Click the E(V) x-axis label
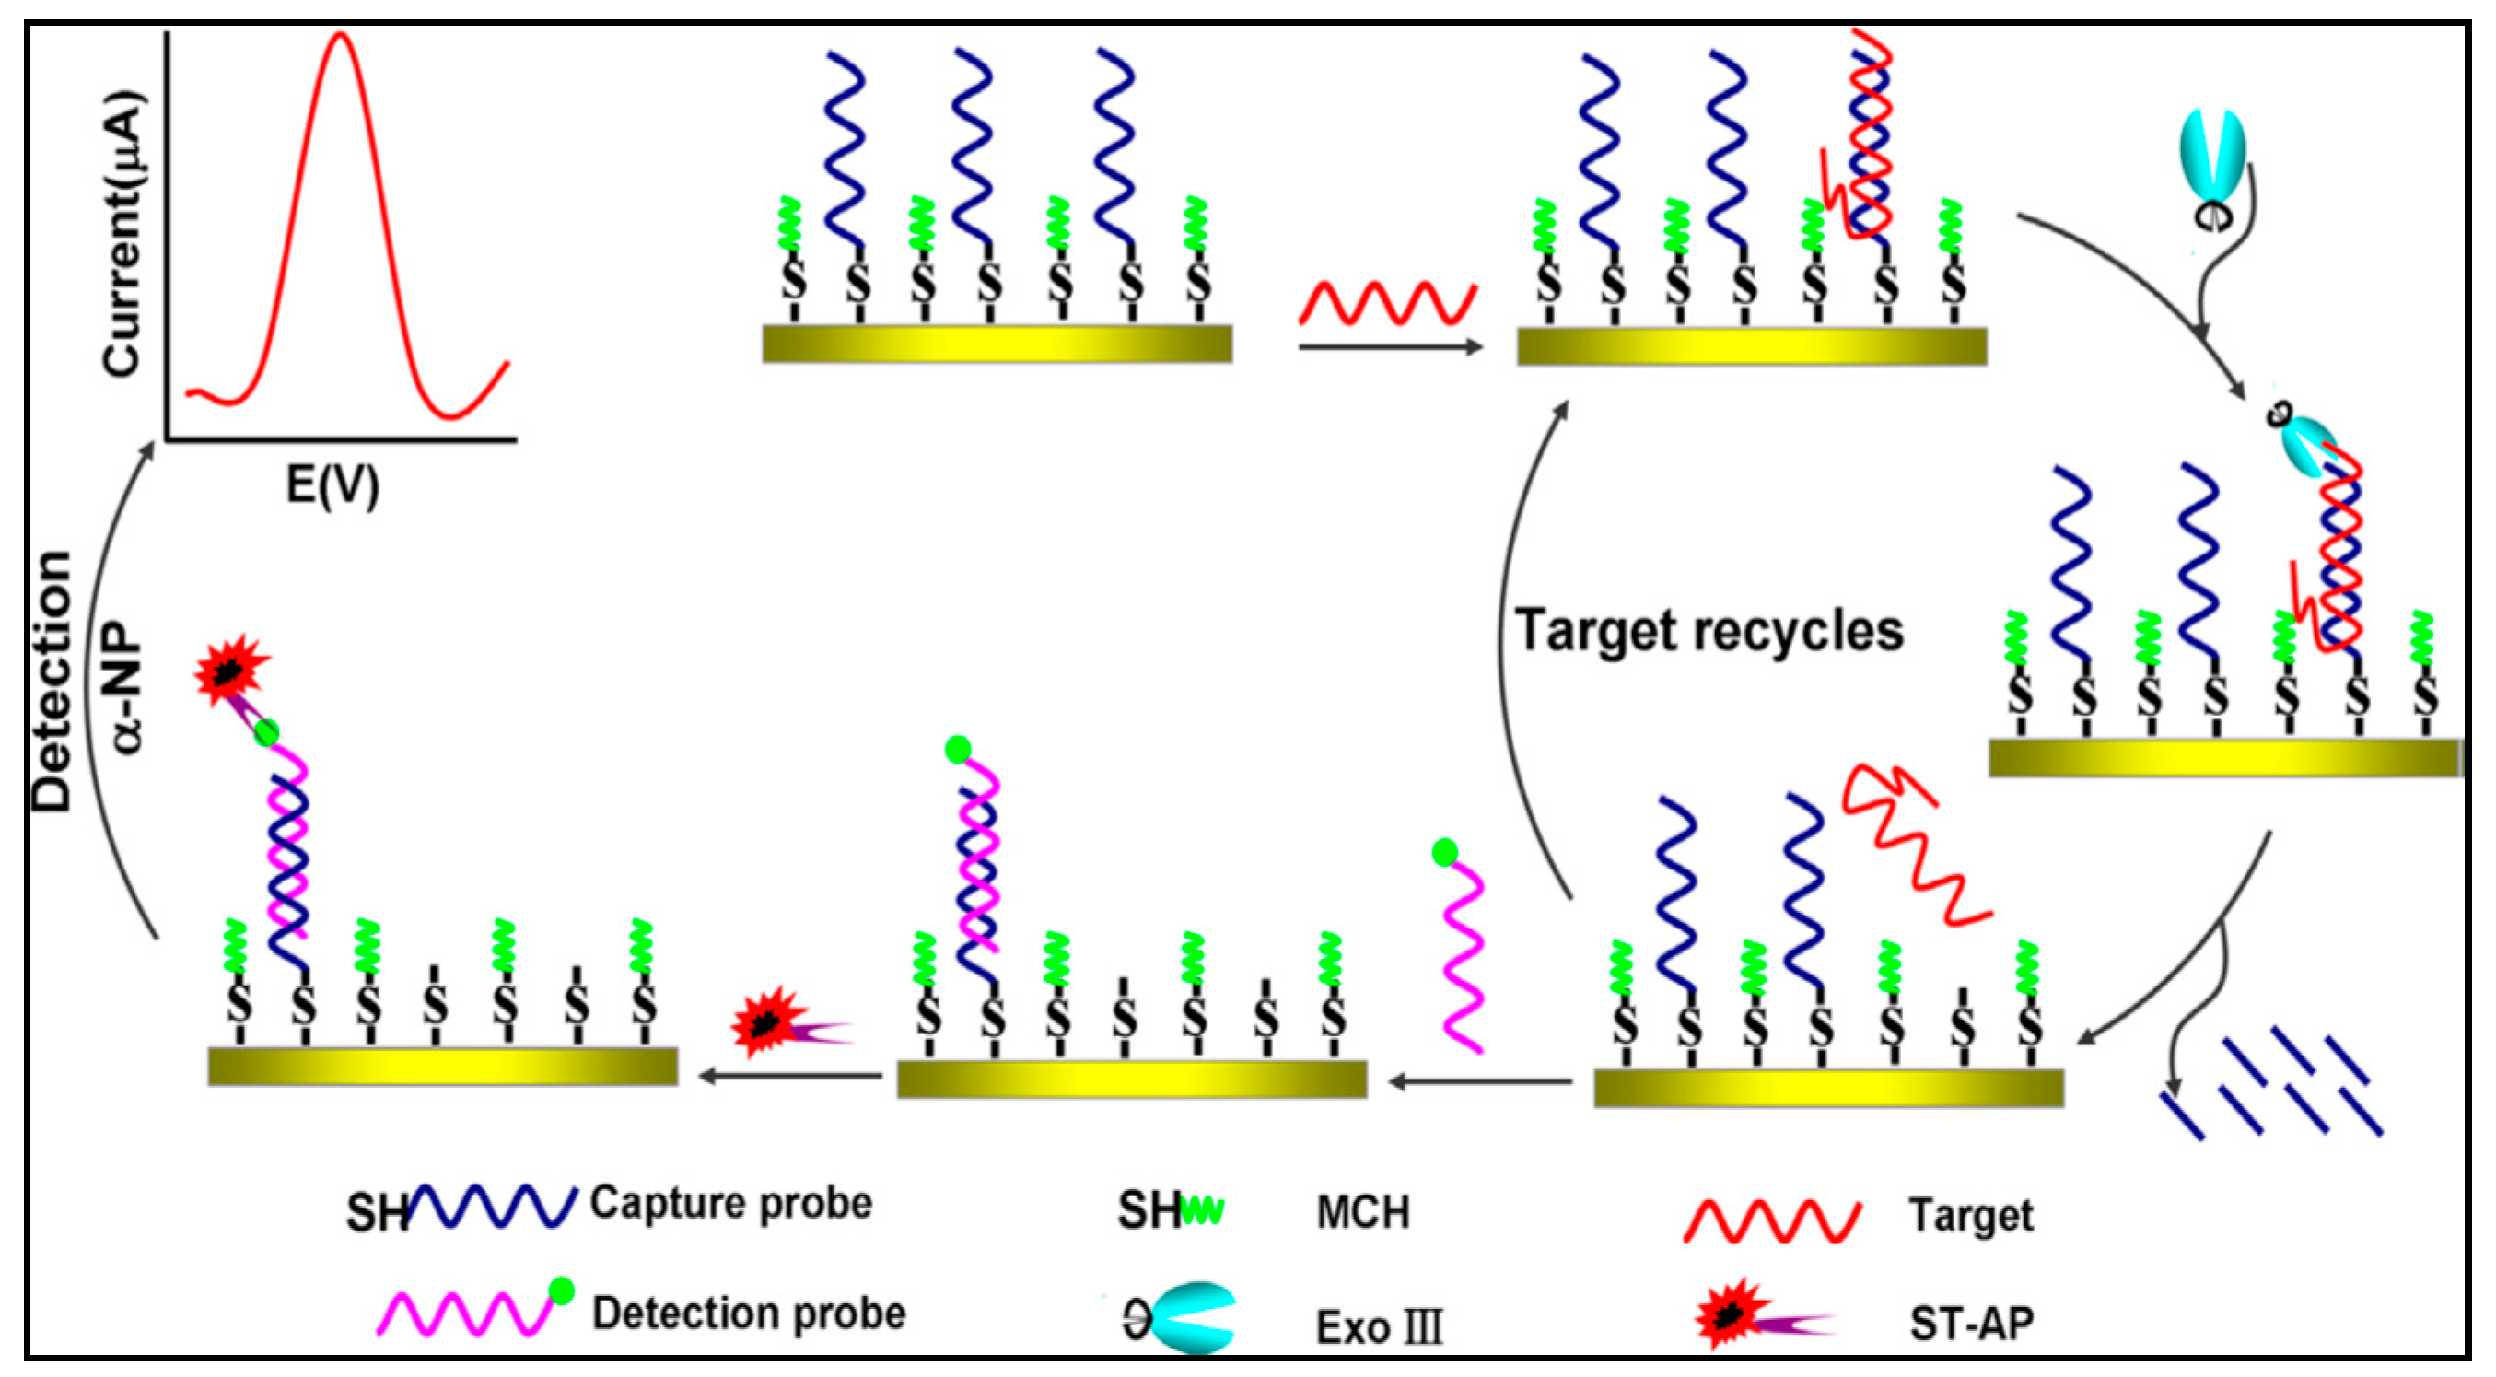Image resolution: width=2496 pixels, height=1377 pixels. pos(332,484)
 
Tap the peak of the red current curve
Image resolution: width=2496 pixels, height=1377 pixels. pos(339,37)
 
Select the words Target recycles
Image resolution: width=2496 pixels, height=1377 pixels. pos(1709,631)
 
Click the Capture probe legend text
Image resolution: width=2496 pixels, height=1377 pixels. pos(730,1204)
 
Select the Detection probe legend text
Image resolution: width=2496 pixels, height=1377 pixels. pos(748,1314)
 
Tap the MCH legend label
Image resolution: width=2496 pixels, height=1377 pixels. pos(1362,1213)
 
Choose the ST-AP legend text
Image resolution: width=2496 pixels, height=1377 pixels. pos(1971,1324)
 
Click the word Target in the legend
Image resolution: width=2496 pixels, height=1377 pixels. pos(1971,1215)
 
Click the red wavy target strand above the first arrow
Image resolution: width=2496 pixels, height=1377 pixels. pos(1386,303)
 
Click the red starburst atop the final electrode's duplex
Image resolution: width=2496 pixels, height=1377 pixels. pos(229,670)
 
